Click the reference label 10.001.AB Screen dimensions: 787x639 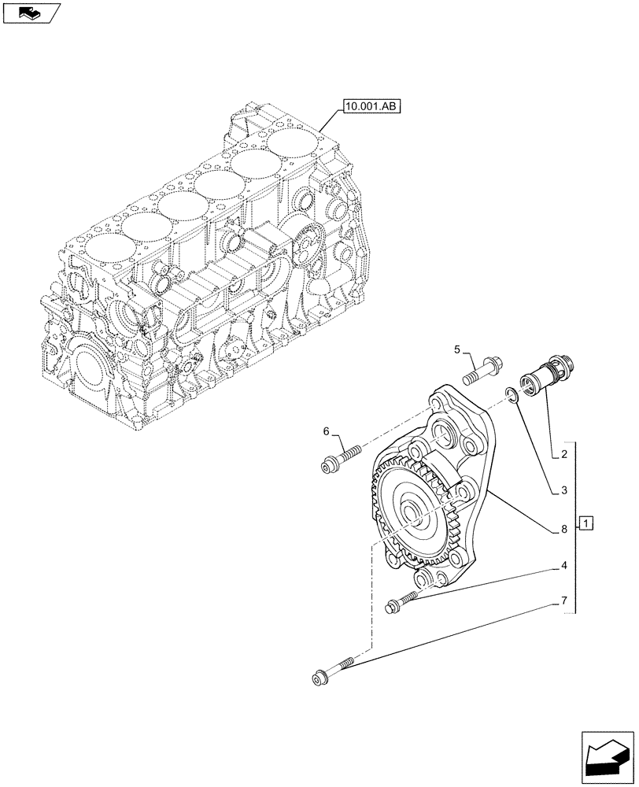pyautogui.click(x=371, y=105)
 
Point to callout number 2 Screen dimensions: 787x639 pyautogui.click(x=564, y=455)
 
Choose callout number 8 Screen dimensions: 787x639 pyautogui.click(x=564, y=530)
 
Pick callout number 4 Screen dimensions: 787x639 pyautogui.click(x=564, y=565)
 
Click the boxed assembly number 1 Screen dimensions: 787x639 pyautogui.click(x=587, y=523)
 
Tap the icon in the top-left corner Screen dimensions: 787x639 pyautogui.click(x=31, y=13)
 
